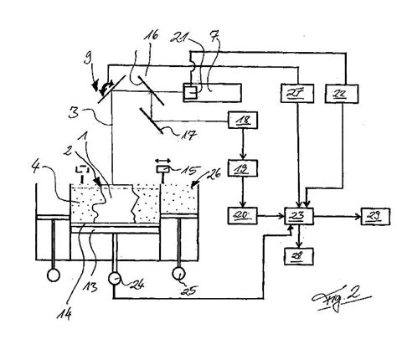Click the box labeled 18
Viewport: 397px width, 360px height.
click(243, 122)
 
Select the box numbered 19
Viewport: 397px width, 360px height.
click(243, 171)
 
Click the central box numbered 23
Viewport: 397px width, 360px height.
click(299, 216)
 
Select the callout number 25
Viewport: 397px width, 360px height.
click(178, 291)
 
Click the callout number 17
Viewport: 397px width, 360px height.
click(178, 131)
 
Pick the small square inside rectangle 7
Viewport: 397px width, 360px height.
click(192, 90)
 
